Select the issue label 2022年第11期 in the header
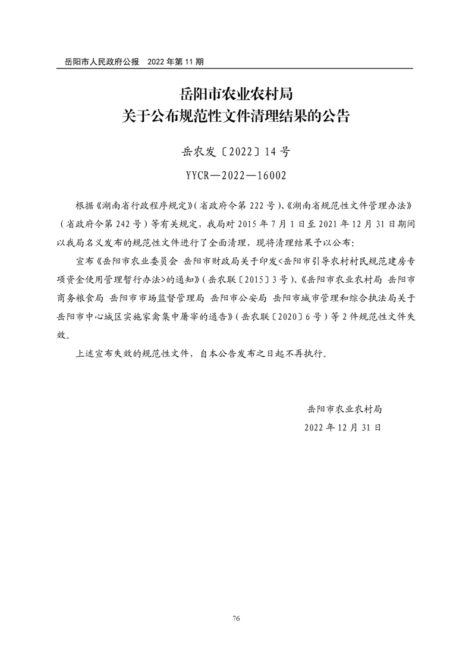click(176, 61)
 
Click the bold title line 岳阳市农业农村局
click(235, 94)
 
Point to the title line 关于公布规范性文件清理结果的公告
click(235, 115)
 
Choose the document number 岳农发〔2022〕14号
click(235, 152)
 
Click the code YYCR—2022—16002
click(235, 175)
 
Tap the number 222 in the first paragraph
click(252, 206)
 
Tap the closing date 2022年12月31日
click(343, 427)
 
